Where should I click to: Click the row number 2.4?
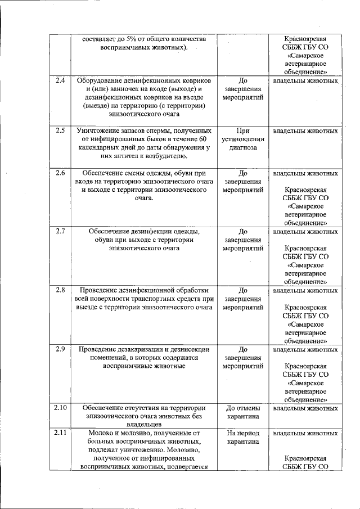click(60, 80)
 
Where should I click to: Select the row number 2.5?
click(60, 130)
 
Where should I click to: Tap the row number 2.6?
click(60, 173)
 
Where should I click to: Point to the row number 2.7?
click(60, 231)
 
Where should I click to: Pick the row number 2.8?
click(60, 290)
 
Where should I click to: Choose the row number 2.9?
click(60, 349)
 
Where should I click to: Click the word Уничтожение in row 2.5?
click(98, 130)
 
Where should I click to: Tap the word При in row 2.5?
click(243, 130)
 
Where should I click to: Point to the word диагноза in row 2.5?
click(243, 147)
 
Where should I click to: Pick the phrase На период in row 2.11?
click(243, 433)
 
